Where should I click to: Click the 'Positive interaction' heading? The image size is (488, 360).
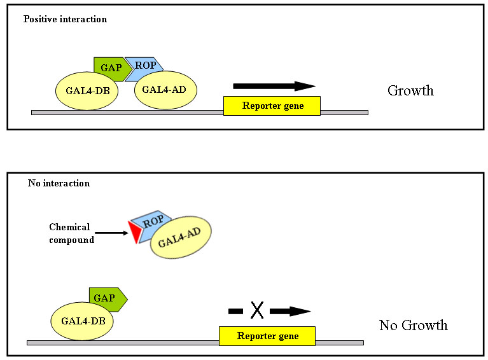coord(65,19)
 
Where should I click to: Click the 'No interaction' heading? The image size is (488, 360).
coord(59,183)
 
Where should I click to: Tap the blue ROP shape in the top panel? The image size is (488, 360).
coord(144,64)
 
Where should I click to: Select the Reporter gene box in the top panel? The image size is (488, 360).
coord(272,106)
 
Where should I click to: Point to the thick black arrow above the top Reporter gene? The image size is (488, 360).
coord(274,86)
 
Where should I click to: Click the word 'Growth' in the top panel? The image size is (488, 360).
coord(410,90)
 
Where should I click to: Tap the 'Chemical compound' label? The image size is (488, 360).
coord(71,233)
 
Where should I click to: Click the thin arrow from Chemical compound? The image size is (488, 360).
coord(112,233)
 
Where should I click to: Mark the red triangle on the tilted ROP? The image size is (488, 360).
coord(134,232)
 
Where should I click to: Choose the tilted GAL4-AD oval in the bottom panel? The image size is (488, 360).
coord(181,239)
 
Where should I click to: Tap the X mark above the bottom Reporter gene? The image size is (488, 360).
coord(256,310)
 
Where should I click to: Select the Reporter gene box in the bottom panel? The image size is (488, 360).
coord(267,336)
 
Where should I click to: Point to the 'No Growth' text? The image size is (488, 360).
coord(413,326)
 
